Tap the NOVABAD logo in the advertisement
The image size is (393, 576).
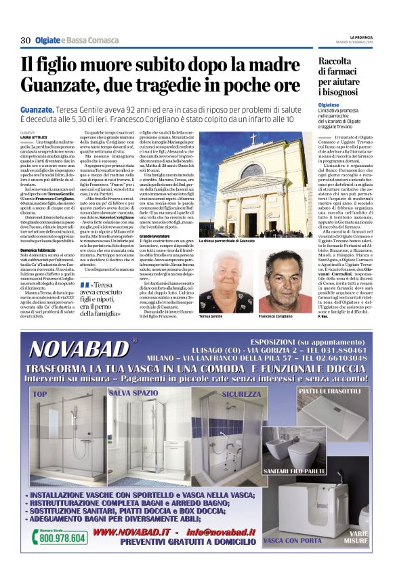80,348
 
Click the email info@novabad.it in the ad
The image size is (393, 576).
220,532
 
